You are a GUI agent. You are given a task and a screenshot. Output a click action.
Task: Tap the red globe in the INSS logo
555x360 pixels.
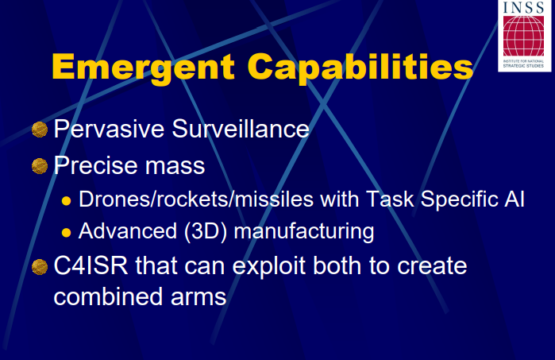[x=523, y=36]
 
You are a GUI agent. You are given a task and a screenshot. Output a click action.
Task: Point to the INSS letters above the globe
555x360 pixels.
[x=523, y=7]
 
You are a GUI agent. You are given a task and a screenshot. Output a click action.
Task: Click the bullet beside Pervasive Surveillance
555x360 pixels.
[x=40, y=130]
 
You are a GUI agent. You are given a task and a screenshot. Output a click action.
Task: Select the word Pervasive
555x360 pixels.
[x=109, y=129]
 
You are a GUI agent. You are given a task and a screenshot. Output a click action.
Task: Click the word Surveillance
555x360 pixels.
[x=241, y=129]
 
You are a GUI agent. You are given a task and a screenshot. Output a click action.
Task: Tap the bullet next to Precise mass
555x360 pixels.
[x=40, y=166]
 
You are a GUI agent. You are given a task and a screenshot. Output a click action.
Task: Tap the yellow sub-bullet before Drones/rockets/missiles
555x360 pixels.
[x=66, y=201]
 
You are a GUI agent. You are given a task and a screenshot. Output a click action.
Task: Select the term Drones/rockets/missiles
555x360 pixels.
[x=196, y=199]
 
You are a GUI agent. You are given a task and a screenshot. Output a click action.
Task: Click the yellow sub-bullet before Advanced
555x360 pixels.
[x=66, y=233]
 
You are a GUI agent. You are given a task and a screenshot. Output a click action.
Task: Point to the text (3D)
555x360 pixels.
[x=206, y=231]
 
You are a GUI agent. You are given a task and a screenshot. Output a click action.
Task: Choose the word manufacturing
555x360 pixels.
[x=304, y=232]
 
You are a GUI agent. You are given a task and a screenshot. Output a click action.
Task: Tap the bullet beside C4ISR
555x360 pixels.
[x=40, y=267]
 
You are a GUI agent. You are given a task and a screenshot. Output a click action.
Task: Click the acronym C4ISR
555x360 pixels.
[x=91, y=265]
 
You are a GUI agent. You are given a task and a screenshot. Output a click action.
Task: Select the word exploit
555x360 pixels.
[x=269, y=267]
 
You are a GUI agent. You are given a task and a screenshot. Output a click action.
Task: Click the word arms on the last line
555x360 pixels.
[x=198, y=298]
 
